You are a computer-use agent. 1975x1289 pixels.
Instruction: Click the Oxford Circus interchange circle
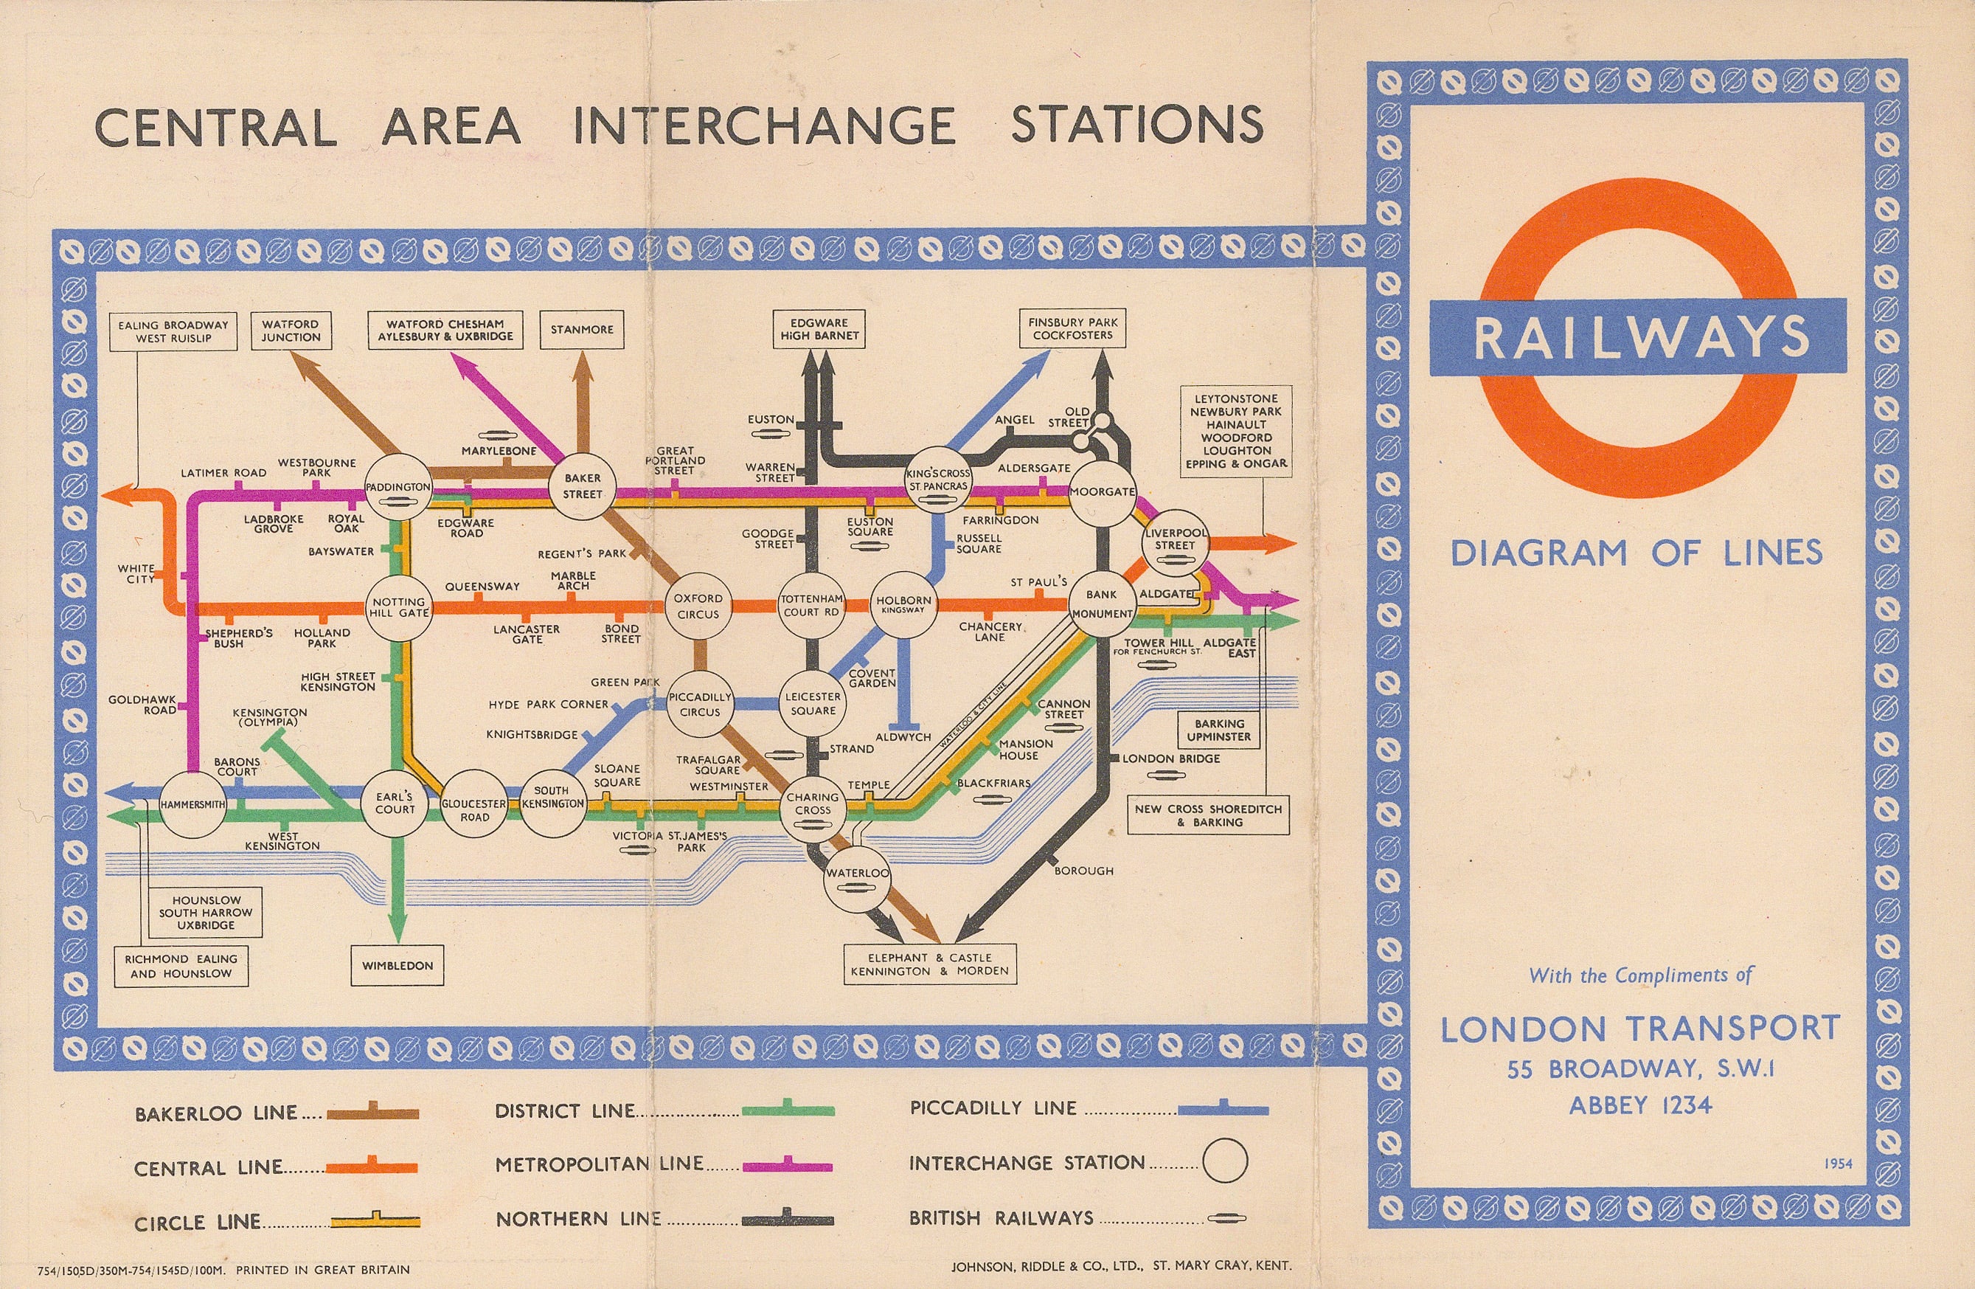click(698, 607)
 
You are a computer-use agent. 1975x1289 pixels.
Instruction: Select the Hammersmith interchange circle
click(192, 804)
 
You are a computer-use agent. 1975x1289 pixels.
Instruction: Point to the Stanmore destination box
click(582, 330)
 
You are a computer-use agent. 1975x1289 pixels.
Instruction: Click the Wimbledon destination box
click(398, 965)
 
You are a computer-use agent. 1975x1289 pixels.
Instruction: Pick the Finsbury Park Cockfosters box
click(1073, 328)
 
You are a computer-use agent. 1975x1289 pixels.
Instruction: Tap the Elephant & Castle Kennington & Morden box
click(929, 964)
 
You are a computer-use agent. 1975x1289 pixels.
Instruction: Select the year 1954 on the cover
click(1839, 1163)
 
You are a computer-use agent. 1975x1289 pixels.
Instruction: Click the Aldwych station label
click(903, 737)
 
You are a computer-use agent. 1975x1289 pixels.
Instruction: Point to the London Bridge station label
click(1171, 758)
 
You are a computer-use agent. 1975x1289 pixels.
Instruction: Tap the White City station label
click(136, 573)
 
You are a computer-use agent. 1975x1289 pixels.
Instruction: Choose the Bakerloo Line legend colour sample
click(372, 1114)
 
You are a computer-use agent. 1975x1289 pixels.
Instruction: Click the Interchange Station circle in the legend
click(1225, 1161)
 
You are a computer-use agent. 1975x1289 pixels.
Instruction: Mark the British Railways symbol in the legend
click(1226, 1217)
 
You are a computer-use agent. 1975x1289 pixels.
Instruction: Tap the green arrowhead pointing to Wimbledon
click(398, 927)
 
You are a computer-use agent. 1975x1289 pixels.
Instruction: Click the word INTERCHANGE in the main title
click(763, 126)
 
